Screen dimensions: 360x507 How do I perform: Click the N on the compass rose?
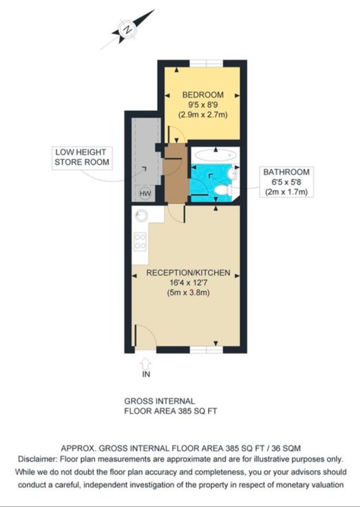pos(128,30)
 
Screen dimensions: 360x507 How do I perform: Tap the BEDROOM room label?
pos(203,95)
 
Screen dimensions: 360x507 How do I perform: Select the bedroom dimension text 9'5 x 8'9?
pos(203,105)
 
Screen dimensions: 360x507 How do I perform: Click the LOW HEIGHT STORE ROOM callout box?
pos(82,157)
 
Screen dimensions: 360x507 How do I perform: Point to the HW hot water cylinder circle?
pos(145,193)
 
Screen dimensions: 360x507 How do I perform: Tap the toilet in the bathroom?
pos(223,190)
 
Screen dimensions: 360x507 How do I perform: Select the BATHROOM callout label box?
pos(286,182)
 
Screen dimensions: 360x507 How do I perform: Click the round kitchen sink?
pos(141,215)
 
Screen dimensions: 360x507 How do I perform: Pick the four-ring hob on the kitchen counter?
pos(140,241)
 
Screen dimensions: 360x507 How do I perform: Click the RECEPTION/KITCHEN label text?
pos(188,273)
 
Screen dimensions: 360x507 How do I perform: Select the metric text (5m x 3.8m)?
pos(188,293)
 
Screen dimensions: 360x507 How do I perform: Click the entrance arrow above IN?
pos(146,363)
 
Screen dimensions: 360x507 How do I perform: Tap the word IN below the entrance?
pos(146,374)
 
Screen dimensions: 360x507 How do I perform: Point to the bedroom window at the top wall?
pos(206,63)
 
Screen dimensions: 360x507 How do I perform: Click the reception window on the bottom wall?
pos(206,350)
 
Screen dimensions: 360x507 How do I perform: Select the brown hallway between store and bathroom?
pos(175,173)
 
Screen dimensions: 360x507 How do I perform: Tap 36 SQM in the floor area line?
pos(286,448)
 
